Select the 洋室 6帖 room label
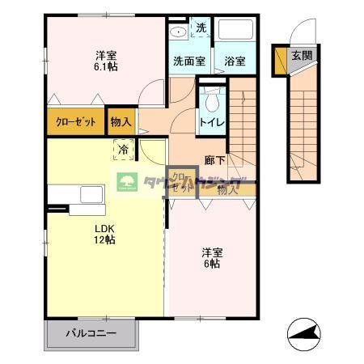(212, 257)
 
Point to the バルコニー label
(91, 332)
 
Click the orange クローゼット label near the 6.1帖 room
(76, 122)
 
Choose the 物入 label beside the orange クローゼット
(122, 122)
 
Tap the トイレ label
(213, 123)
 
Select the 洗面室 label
(188, 61)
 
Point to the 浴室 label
(235, 61)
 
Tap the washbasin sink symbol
(179, 32)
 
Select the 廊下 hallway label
(214, 161)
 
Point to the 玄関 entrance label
(302, 56)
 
